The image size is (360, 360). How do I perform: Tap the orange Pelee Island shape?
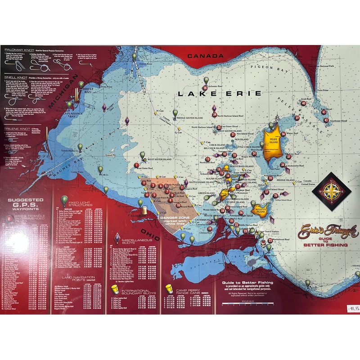tap(274, 144)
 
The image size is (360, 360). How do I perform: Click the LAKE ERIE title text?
tap(219, 94)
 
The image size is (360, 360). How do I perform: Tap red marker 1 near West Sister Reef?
tap(136, 165)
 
